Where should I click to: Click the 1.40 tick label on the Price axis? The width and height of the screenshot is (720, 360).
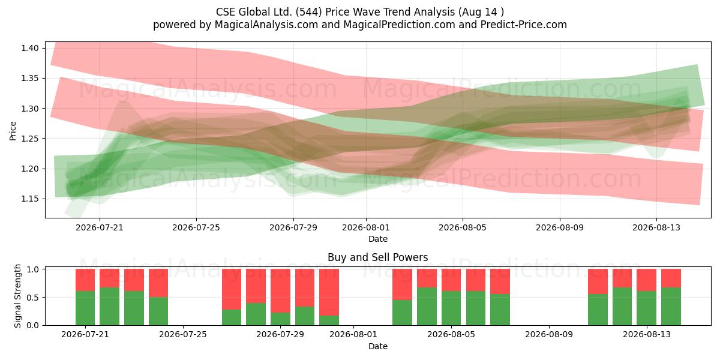[x=29, y=48]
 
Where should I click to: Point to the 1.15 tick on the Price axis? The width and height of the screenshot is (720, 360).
[x=29, y=199]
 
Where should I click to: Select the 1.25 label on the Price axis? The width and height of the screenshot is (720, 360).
[x=29, y=139]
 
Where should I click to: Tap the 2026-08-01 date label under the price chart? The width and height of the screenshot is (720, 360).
[x=366, y=227]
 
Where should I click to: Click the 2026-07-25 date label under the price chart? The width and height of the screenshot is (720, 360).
[x=196, y=227]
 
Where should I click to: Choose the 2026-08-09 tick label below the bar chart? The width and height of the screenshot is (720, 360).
[x=549, y=335]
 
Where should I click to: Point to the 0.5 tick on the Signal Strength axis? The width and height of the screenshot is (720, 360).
[x=32, y=298]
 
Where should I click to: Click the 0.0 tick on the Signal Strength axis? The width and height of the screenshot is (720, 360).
[x=32, y=325]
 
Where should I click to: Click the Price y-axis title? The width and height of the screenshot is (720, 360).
[x=13, y=131]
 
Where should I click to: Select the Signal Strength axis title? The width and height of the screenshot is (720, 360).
[x=17, y=296]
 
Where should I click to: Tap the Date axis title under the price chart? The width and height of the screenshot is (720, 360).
[x=378, y=239]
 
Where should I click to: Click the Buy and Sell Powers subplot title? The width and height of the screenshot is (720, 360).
[x=377, y=257]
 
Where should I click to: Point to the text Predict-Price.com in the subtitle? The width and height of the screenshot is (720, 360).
[x=524, y=25]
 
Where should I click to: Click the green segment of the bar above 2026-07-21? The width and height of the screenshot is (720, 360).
[x=85, y=308]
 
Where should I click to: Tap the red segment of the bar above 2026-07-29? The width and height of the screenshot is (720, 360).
[x=280, y=290]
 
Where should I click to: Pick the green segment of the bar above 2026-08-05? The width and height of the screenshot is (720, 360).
[x=451, y=308]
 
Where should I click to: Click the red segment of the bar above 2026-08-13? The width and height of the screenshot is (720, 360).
[x=646, y=280]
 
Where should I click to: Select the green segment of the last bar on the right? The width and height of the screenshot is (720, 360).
[x=671, y=307]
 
